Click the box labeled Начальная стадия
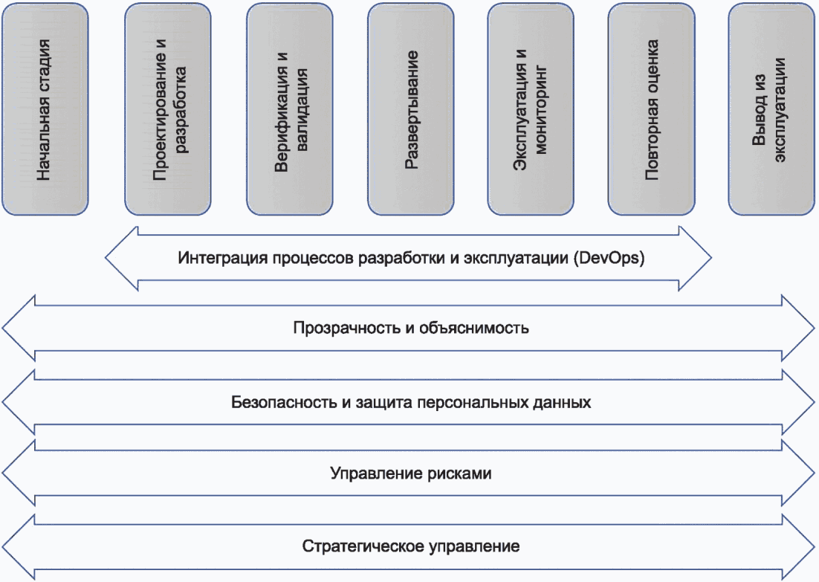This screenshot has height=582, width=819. (45, 109)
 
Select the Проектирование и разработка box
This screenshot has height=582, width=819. (169, 109)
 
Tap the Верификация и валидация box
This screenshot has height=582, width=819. (289, 109)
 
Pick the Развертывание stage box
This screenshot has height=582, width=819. (411, 109)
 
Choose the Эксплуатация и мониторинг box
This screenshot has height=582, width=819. (531, 109)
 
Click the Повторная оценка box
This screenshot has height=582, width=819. (652, 109)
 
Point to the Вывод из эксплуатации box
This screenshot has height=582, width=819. (772, 109)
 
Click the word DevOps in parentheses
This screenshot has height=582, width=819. (615, 259)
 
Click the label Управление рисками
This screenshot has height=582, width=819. (410, 473)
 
